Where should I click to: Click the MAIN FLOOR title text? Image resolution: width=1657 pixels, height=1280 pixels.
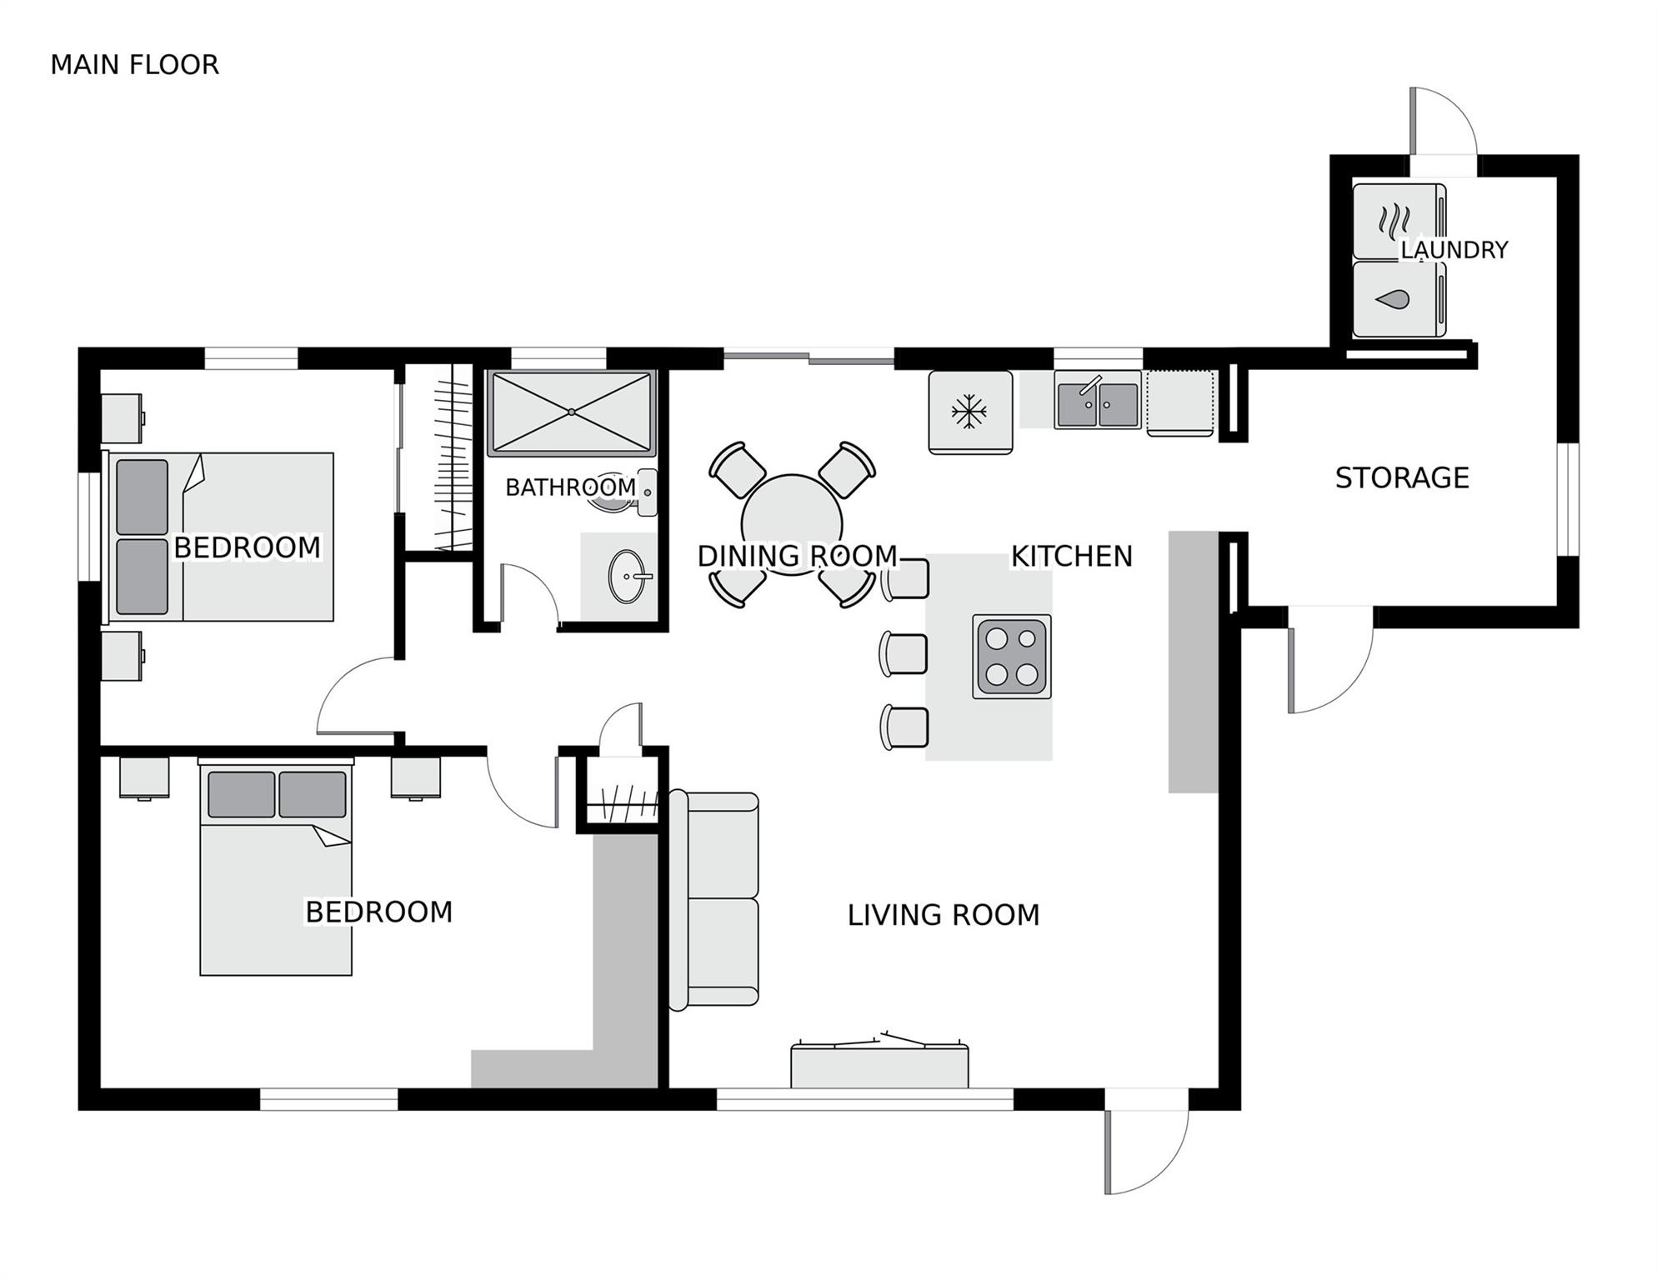pyautogui.click(x=134, y=64)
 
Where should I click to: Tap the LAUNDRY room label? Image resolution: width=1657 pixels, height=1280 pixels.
pyautogui.click(x=1454, y=249)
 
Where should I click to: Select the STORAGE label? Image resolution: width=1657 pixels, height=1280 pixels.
pyautogui.click(x=1402, y=477)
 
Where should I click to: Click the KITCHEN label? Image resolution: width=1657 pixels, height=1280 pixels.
pyautogui.click(x=1072, y=556)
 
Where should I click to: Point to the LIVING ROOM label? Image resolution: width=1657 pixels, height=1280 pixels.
pyautogui.click(x=944, y=915)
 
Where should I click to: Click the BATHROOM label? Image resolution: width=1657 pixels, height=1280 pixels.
pyautogui.click(x=571, y=487)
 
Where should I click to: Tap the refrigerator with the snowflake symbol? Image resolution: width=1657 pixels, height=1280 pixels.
pyautogui.click(x=970, y=412)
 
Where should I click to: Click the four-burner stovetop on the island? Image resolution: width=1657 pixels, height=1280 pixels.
pyautogui.click(x=1011, y=657)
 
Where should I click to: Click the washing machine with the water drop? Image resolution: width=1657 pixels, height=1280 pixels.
pyautogui.click(x=1399, y=299)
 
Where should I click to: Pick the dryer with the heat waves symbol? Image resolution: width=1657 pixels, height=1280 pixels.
pyautogui.click(x=1399, y=221)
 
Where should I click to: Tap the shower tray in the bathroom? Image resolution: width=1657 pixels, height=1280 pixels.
pyautogui.click(x=571, y=412)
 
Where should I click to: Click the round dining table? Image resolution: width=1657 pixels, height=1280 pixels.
pyautogui.click(x=791, y=524)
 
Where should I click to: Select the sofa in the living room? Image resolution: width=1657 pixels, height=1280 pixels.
pyautogui.click(x=714, y=902)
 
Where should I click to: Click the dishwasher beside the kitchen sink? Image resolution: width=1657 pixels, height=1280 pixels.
pyautogui.click(x=1180, y=403)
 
